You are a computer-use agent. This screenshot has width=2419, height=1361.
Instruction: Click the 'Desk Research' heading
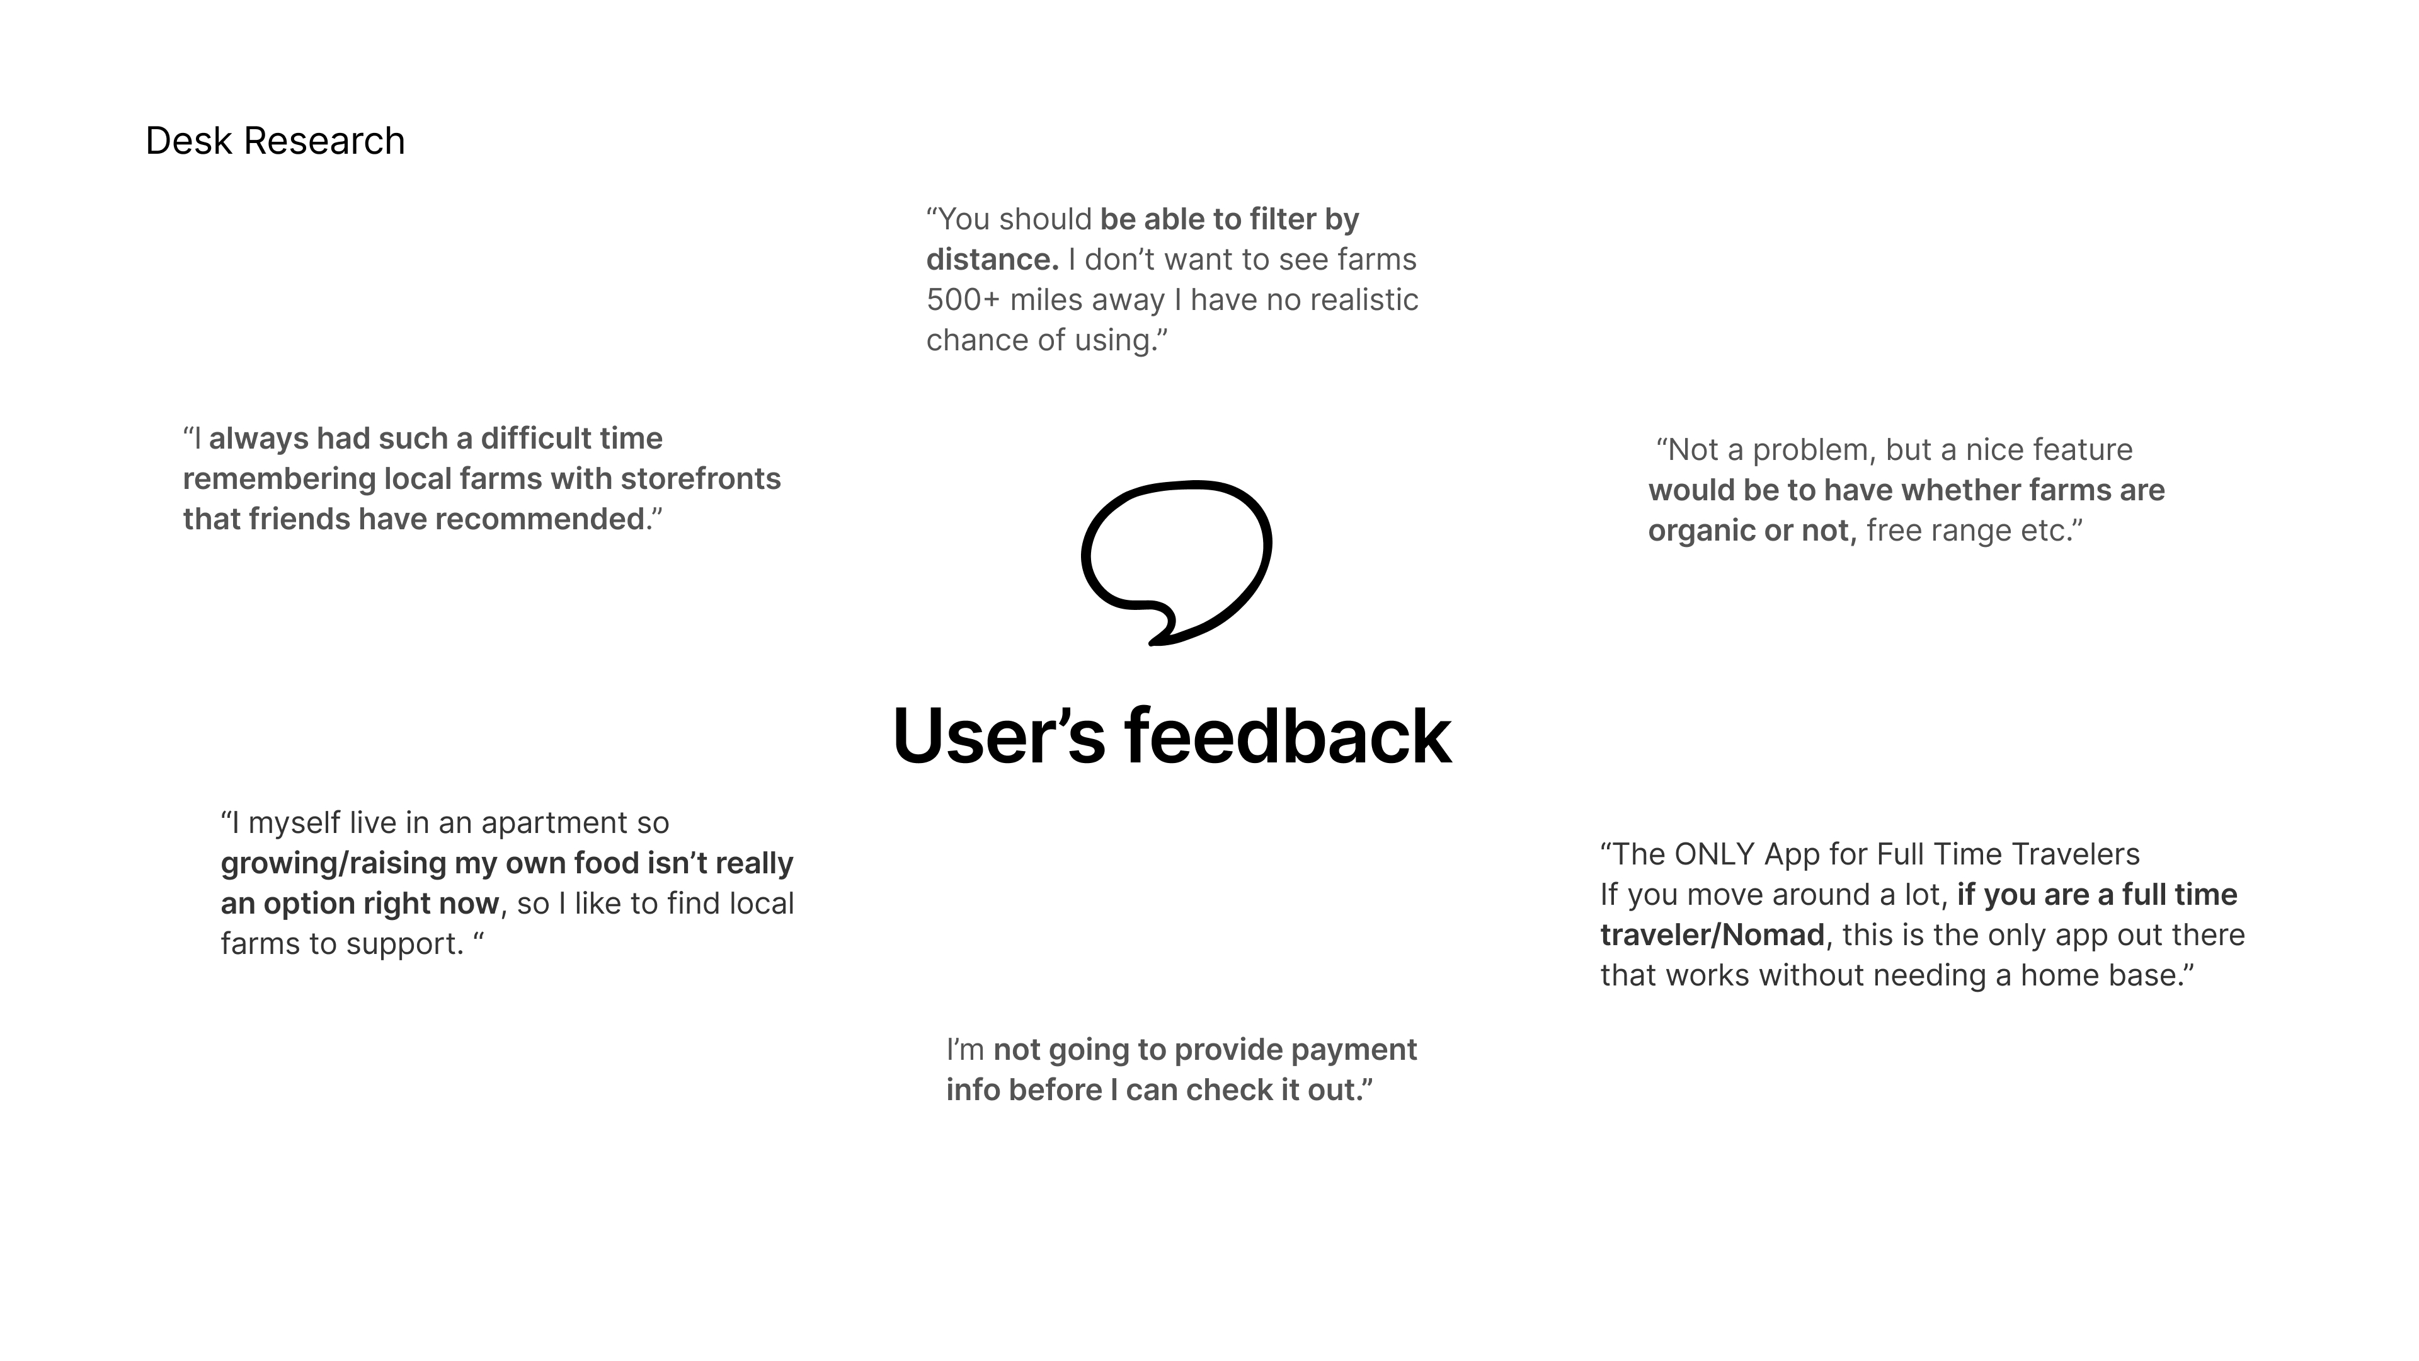tap(275, 141)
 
